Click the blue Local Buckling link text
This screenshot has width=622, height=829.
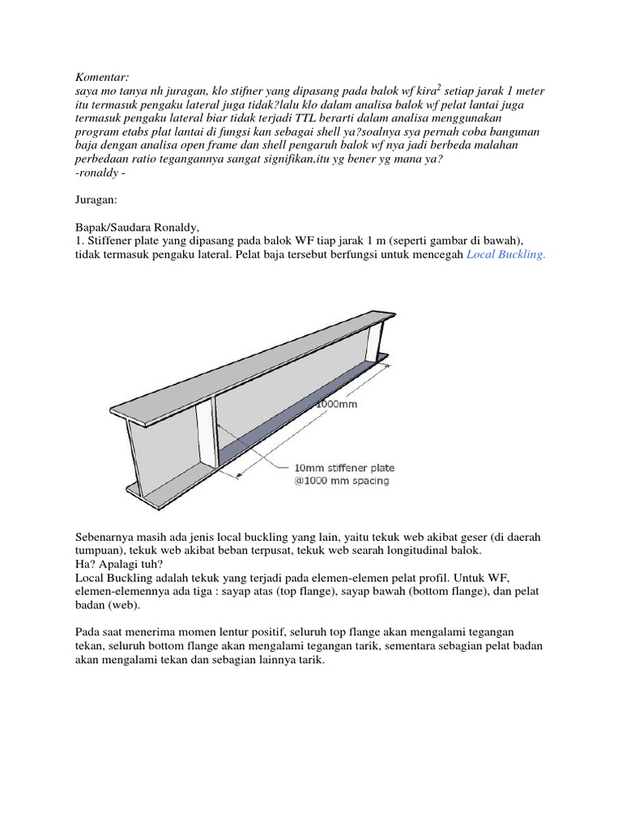506,254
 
